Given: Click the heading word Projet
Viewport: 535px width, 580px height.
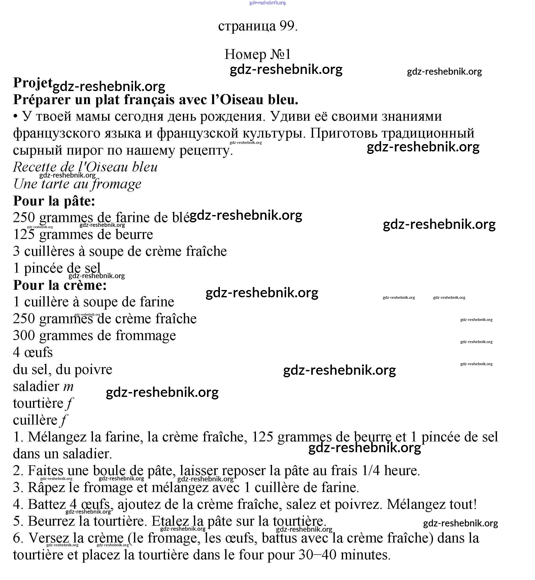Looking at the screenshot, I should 32,83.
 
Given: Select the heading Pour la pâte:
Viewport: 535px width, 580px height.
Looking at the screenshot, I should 54,201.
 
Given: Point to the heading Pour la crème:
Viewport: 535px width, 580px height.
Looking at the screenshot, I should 60,285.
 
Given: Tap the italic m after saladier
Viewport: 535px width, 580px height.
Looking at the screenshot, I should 68,387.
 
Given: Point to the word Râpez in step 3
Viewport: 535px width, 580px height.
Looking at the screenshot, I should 46,488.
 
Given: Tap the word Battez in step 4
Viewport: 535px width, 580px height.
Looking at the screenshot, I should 47,505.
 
